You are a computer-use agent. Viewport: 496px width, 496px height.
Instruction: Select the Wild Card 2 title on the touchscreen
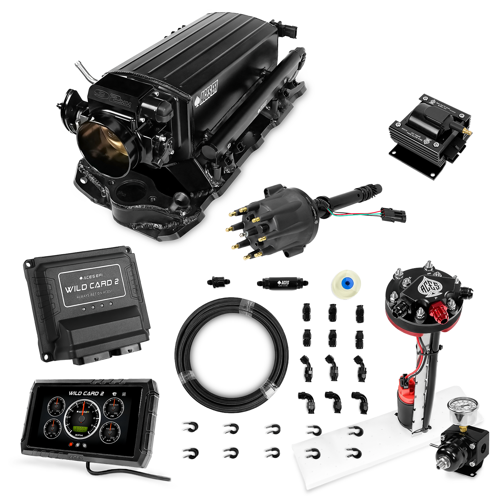point(86,393)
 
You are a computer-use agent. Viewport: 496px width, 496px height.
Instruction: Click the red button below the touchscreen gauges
point(71,444)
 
